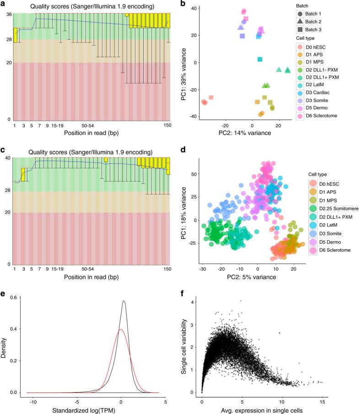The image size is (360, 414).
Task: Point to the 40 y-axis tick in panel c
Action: point(8,158)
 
